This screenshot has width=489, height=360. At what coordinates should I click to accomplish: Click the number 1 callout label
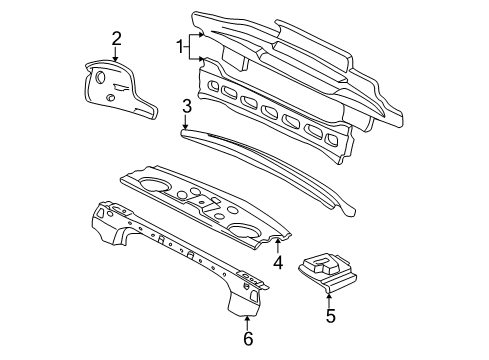point(180,46)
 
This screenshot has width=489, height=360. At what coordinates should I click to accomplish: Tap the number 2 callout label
point(117,39)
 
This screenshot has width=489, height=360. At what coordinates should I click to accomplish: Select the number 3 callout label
point(186,106)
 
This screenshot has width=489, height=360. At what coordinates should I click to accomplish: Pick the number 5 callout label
point(330,318)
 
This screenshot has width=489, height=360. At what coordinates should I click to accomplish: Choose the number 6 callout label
point(248,338)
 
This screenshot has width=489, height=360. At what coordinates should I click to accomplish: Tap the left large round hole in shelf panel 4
point(157,184)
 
